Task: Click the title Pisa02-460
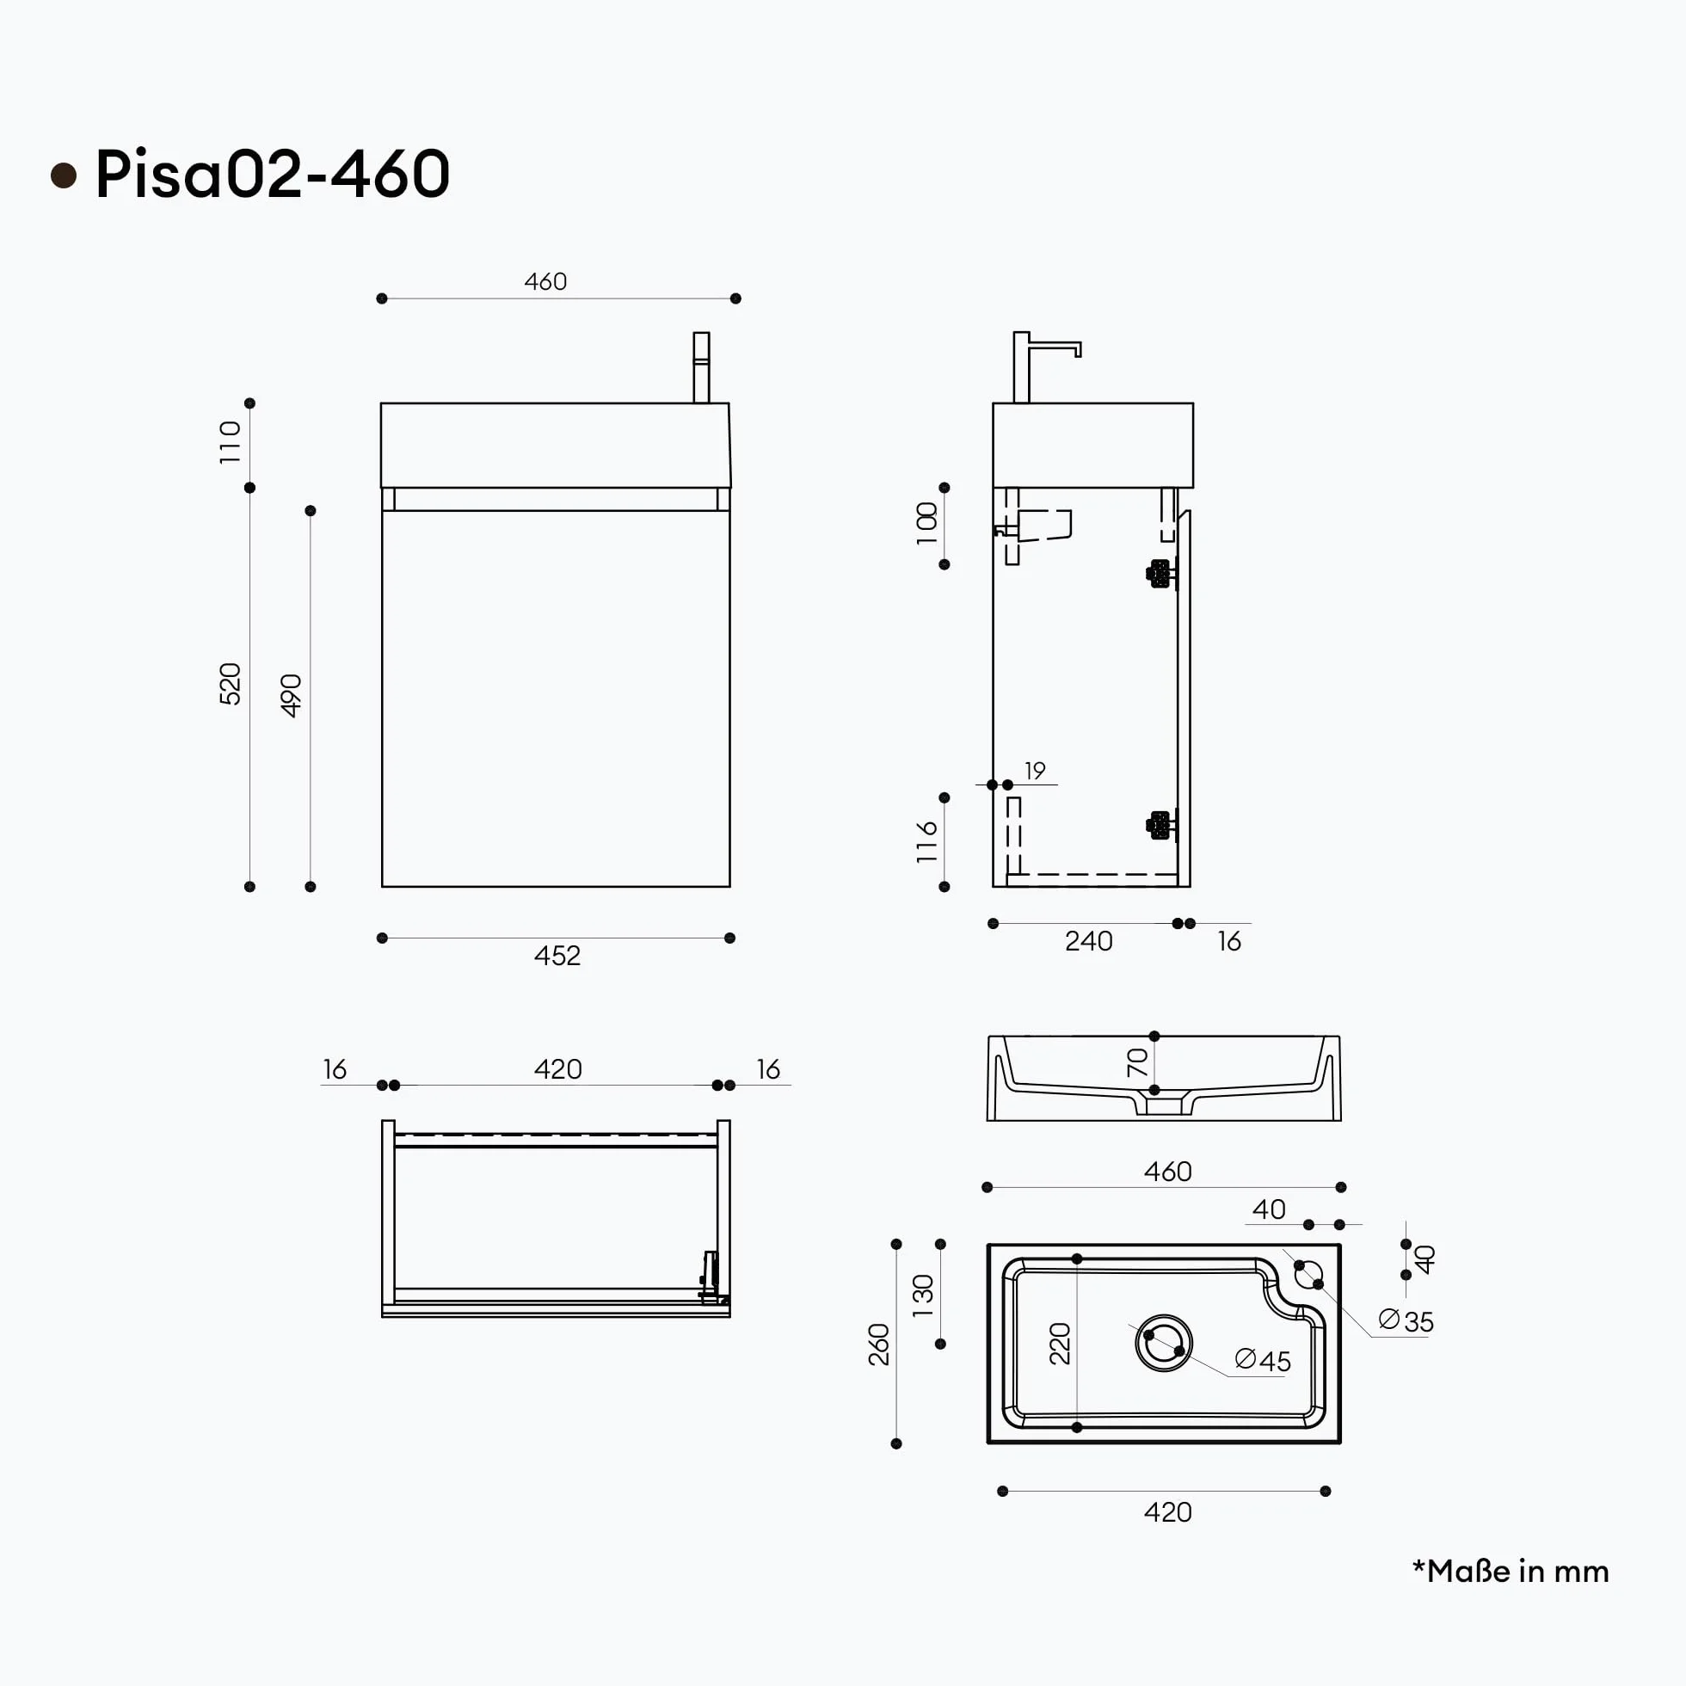tap(273, 174)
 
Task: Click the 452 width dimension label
tap(557, 956)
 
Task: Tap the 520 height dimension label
tap(230, 683)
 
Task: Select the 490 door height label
tap(291, 696)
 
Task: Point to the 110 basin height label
tap(230, 442)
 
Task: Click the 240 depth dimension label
tap(1088, 941)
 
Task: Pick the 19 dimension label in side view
tap(1035, 771)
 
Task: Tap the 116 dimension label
tap(926, 842)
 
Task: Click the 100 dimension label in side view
tap(926, 524)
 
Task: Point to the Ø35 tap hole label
tap(1406, 1321)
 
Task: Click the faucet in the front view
tap(701, 367)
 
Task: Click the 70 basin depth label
tap(1137, 1062)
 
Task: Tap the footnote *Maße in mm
tap(1511, 1571)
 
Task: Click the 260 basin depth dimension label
tap(879, 1344)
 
